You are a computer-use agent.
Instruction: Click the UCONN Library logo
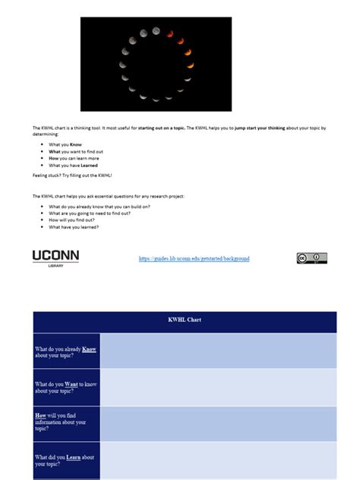(x=55, y=258)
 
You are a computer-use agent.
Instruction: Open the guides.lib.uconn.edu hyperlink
(x=194, y=259)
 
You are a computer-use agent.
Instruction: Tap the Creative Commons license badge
(x=311, y=258)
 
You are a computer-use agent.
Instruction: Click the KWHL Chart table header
(x=185, y=320)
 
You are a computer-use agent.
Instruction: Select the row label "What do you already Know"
(x=65, y=351)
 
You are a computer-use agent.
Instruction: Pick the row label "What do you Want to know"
(x=65, y=387)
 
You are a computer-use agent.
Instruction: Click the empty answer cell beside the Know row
(x=218, y=351)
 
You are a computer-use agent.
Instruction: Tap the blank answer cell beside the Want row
(x=218, y=387)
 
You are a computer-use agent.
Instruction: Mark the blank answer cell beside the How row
(x=218, y=423)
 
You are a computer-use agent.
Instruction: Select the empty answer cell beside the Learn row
(x=218, y=459)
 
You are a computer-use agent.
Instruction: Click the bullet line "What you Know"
(x=65, y=144)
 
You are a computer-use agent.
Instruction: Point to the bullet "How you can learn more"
(x=74, y=158)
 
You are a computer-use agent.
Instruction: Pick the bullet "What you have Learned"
(x=73, y=165)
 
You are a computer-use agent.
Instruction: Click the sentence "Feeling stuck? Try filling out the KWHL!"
(x=72, y=175)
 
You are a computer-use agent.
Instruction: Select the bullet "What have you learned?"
(x=74, y=227)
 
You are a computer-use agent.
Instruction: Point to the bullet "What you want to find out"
(x=76, y=151)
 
